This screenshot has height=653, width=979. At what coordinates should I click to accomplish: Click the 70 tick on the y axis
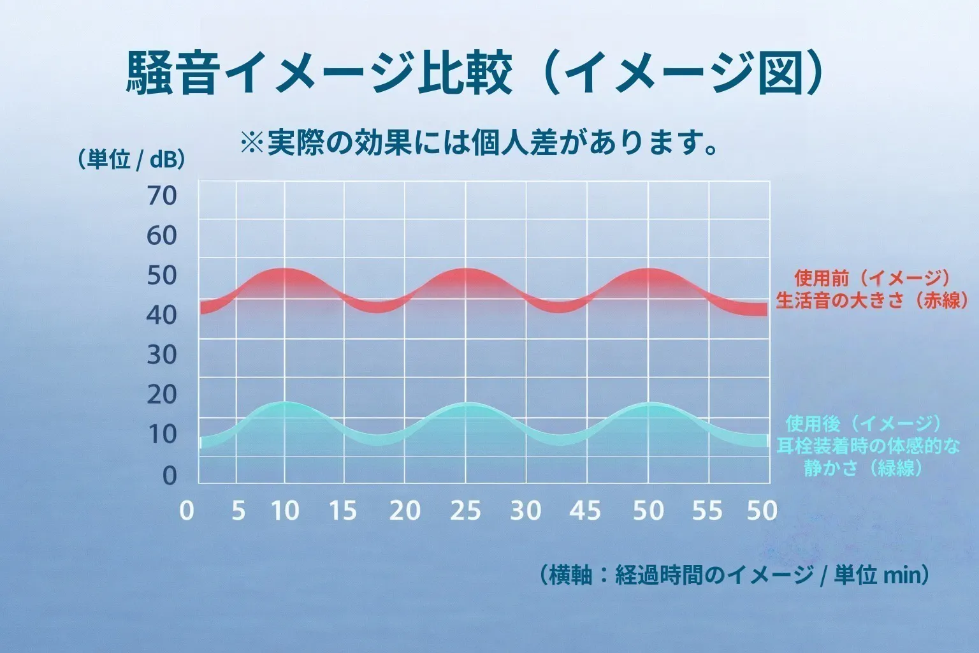click(x=161, y=196)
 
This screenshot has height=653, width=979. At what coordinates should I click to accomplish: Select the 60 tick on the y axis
click(x=161, y=236)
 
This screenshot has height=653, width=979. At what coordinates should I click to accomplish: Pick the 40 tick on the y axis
click(x=161, y=314)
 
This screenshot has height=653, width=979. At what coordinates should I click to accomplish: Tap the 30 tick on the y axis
click(x=161, y=355)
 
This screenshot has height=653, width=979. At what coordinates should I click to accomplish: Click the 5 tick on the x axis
click(x=238, y=511)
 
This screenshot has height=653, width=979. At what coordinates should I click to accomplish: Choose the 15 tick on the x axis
click(x=343, y=511)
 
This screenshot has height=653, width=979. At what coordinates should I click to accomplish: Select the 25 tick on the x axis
click(x=465, y=511)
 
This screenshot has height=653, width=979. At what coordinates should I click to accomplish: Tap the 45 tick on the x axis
click(x=585, y=511)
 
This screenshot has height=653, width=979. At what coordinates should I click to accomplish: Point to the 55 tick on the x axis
click(x=707, y=511)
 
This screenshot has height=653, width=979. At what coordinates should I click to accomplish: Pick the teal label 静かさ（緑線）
click(x=864, y=468)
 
